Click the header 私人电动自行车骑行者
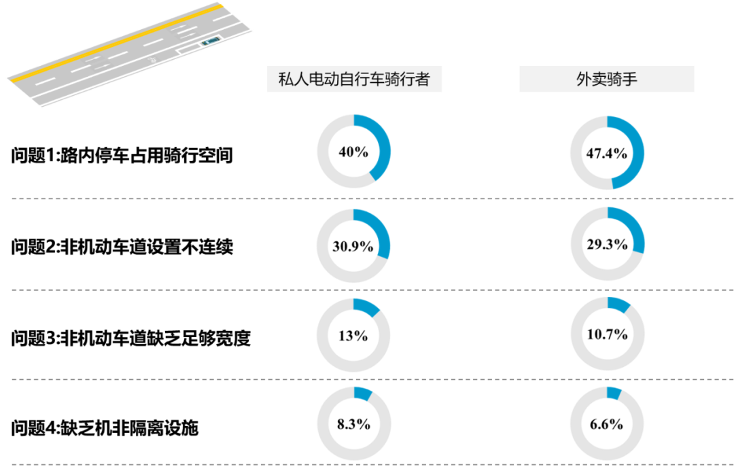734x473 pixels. (354, 80)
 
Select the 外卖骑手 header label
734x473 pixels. (606, 80)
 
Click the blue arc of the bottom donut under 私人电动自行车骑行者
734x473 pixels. (362, 393)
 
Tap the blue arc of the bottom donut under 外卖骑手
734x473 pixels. (614, 392)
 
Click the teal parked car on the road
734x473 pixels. (211, 42)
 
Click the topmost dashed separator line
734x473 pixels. (367, 199)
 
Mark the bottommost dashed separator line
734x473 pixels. (367, 466)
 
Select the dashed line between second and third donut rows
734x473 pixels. (367, 290)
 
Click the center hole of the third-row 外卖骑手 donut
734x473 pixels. (607, 334)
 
